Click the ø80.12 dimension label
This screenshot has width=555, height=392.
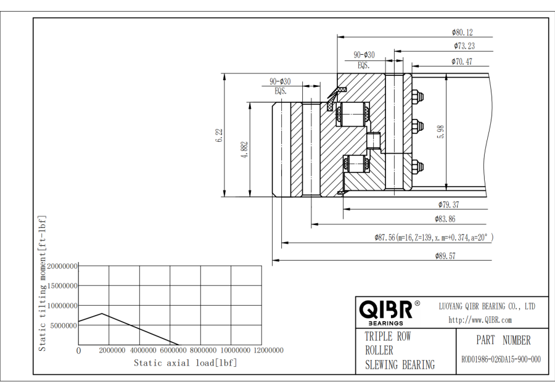click(x=462, y=33)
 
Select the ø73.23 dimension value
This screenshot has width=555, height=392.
click(x=464, y=46)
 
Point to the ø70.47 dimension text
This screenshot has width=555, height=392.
click(x=462, y=62)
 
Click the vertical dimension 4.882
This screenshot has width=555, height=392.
click(x=244, y=150)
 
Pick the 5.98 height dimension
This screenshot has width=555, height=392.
click(x=440, y=131)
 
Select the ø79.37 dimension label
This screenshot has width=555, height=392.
click(x=449, y=204)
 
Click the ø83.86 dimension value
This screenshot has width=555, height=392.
click(x=445, y=219)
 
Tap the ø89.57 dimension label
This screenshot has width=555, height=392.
click(x=445, y=256)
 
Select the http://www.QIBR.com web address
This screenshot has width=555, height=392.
click(x=480, y=320)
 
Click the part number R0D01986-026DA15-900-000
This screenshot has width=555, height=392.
click(x=501, y=360)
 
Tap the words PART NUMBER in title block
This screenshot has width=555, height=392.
click(x=503, y=340)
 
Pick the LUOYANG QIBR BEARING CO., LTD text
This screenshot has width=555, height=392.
click(x=487, y=306)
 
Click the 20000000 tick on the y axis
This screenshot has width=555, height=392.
click(x=62, y=266)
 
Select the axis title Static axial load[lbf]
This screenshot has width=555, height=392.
click(x=186, y=362)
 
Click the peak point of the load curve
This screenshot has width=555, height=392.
click(x=102, y=314)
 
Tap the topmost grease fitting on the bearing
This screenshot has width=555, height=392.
click(x=416, y=97)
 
